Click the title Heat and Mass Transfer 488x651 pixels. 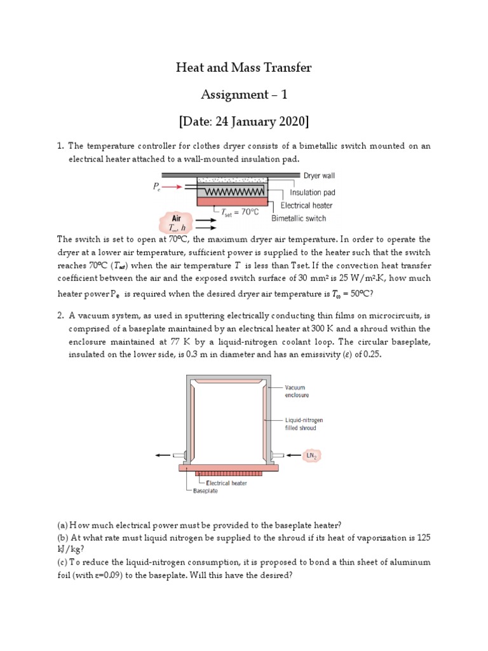pyautogui.click(x=244, y=67)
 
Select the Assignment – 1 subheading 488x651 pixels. pyautogui.click(x=244, y=95)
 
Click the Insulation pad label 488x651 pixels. pyautogui.click(x=312, y=192)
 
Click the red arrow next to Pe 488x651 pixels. pyautogui.click(x=173, y=187)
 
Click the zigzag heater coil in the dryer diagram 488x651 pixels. pyautogui.click(x=231, y=191)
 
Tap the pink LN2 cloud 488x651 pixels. pyautogui.click(x=312, y=455)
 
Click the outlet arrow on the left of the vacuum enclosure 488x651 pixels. pyautogui.click(x=163, y=455)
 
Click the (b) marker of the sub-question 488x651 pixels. pyautogui.click(x=62, y=537)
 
